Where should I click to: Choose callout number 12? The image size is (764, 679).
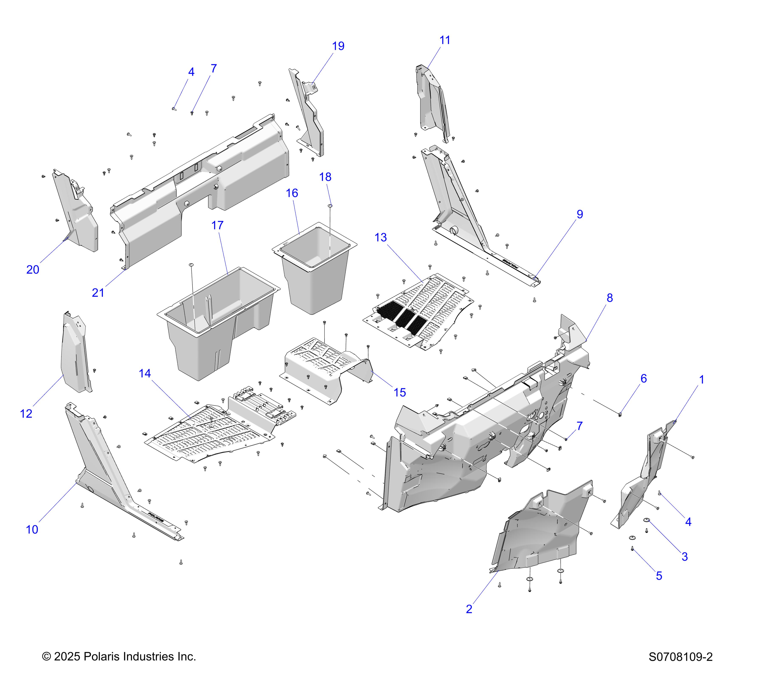coord(26,414)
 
